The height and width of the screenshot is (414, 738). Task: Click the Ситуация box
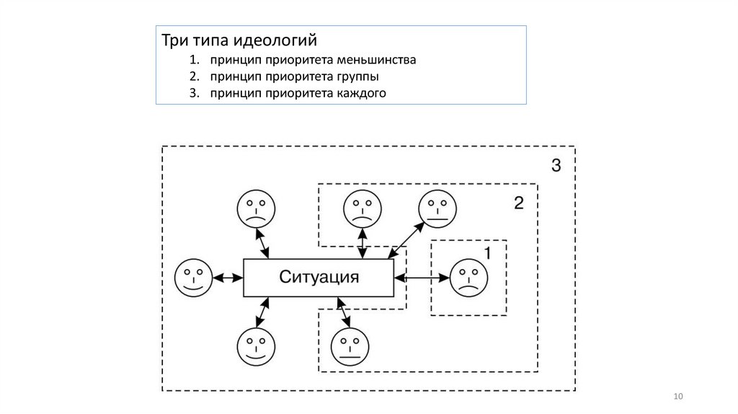(319, 277)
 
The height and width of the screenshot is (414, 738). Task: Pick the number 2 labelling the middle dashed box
(518, 203)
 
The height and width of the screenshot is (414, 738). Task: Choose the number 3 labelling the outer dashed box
(556, 166)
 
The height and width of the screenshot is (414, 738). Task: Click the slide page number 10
(677, 397)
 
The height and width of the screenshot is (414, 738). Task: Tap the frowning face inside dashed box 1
(469, 278)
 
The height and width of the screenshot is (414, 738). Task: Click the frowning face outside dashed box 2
(256, 208)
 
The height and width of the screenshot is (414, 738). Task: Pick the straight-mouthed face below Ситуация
(350, 347)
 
